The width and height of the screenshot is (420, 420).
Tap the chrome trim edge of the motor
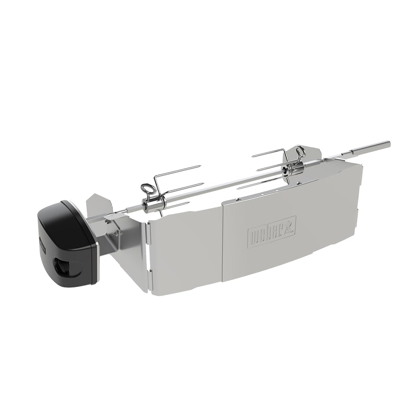96,248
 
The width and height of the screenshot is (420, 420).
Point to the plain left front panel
185,252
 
